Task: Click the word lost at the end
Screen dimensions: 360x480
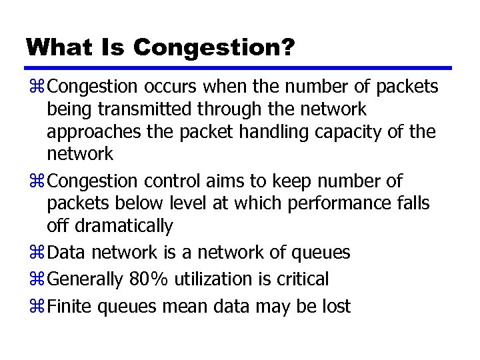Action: pos(335,305)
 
